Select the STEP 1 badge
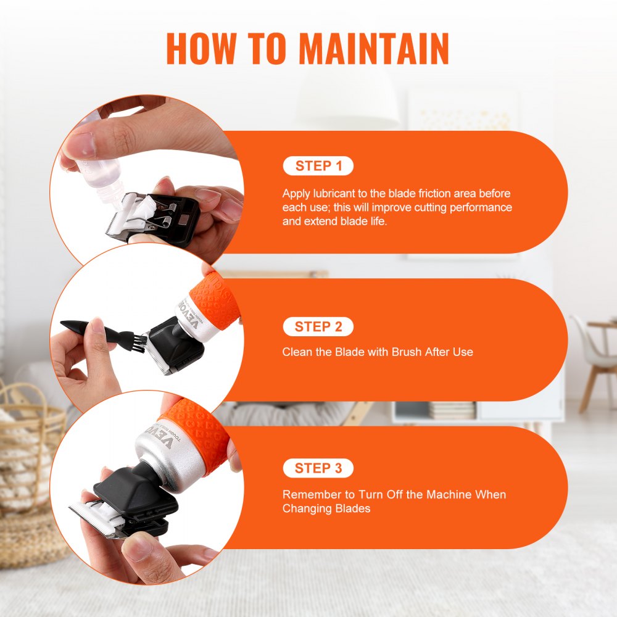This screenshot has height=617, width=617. point(318,165)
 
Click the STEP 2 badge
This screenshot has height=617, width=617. point(318,326)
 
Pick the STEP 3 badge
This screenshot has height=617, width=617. point(318,468)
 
